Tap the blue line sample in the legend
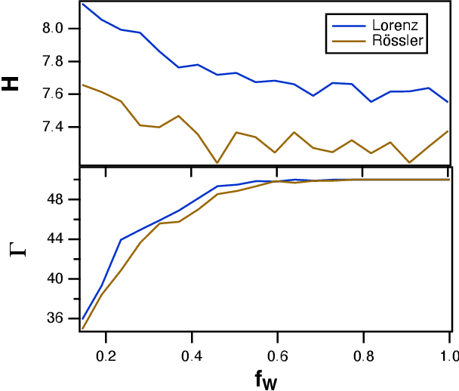(x=344, y=24)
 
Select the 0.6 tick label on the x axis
(x=278, y=354)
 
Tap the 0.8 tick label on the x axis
(x=364, y=354)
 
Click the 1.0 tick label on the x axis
(x=448, y=354)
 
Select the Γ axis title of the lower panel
(x=16, y=247)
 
